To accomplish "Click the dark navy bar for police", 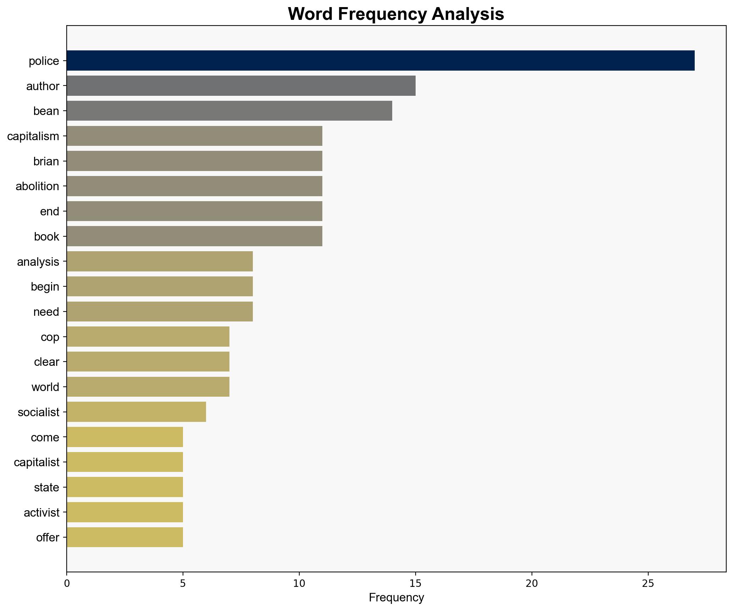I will (380, 61).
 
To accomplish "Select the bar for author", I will (241, 86).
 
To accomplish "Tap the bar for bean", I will (229, 111).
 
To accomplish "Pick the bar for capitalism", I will (194, 136).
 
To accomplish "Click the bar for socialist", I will (136, 412).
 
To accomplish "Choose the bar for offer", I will (124, 538).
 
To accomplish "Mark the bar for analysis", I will (160, 262).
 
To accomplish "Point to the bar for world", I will (148, 387).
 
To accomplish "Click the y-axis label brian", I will (46, 161).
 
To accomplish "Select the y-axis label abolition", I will (37, 186).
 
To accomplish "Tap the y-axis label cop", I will (50, 337).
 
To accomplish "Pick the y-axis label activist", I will (41, 513).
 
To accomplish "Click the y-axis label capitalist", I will (37, 462).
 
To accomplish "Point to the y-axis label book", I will (46, 237).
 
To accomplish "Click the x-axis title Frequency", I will (396, 598).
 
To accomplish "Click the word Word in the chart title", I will (310, 15).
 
